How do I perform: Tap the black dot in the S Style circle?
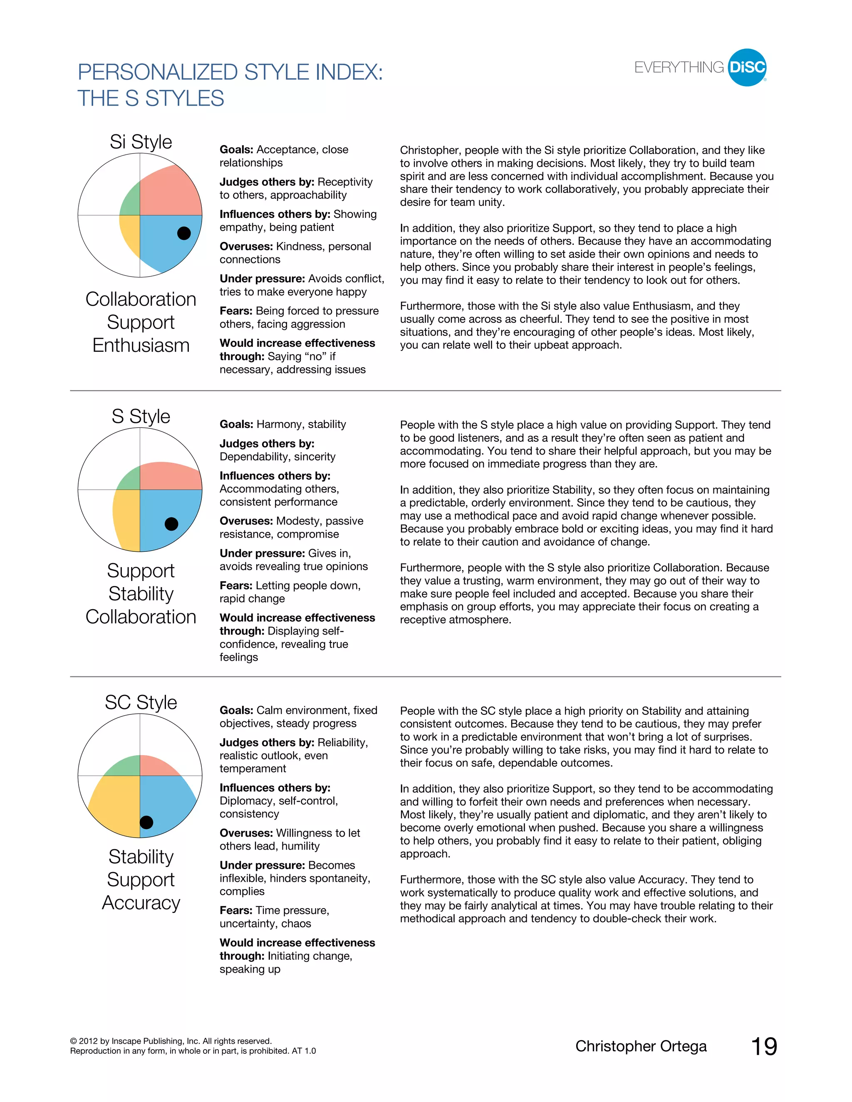click(172, 524)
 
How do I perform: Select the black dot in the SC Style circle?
click(146, 822)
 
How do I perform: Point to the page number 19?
click(764, 1047)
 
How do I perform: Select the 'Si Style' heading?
click(141, 142)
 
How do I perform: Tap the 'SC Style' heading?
click(141, 702)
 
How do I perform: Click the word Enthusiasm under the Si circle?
click(141, 345)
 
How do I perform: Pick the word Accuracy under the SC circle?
click(141, 902)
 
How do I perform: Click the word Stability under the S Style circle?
click(141, 593)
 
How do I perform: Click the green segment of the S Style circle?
click(130, 480)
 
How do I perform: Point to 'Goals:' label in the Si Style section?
click(236, 149)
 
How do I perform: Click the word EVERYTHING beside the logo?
click(679, 68)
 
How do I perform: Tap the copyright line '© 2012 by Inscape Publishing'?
click(171, 1041)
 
